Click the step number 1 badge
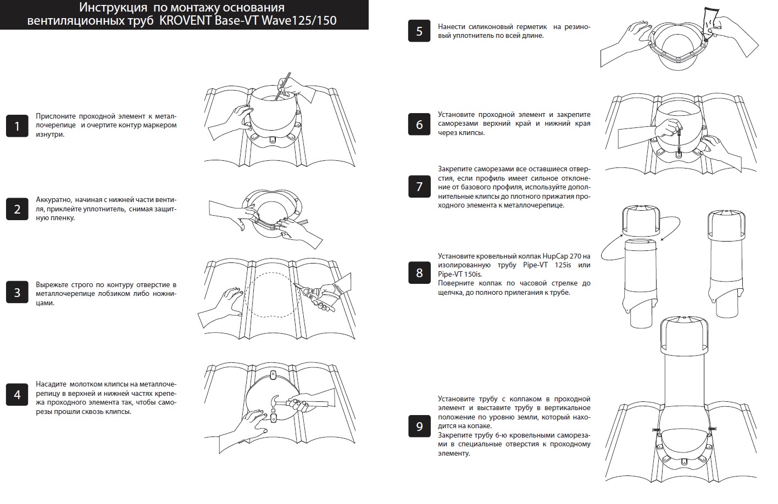pyautogui.click(x=17, y=126)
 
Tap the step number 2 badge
pyautogui.click(x=17, y=209)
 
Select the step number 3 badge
pyautogui.click(x=17, y=293)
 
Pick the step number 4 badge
pyautogui.click(x=17, y=395)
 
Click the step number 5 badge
pyautogui.click(x=419, y=31)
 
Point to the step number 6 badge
pyautogui.click(x=419, y=125)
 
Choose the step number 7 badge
pyautogui.click(x=419, y=187)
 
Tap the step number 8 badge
pyautogui.click(x=419, y=273)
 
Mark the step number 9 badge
pyautogui.click(x=419, y=427)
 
